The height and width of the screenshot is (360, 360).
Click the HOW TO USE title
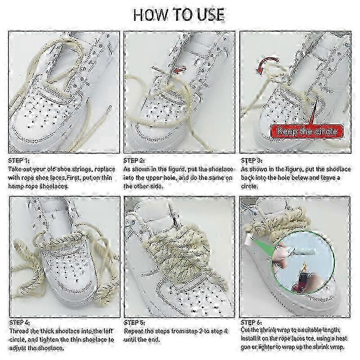(179, 15)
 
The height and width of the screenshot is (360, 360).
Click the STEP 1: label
(19, 161)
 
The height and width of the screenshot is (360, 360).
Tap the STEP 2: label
(134, 161)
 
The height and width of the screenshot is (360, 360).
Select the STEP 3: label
(252, 161)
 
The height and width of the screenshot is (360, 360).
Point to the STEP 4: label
(19, 323)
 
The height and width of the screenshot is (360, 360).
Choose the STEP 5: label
(135, 323)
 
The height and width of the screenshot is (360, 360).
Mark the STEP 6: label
(251, 322)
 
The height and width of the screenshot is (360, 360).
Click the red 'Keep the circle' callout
(307, 131)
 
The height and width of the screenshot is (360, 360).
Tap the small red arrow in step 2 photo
(180, 70)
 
